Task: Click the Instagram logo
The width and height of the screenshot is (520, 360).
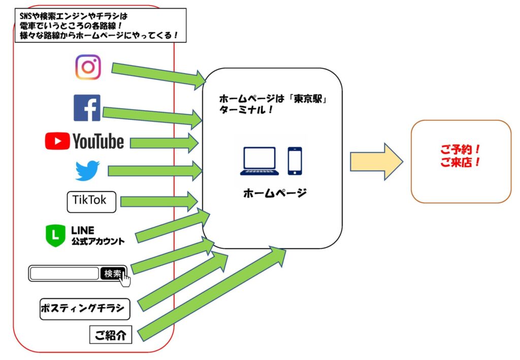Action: [88, 68]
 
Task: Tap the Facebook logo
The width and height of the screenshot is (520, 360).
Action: [87, 108]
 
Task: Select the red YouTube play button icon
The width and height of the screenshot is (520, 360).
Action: [57, 141]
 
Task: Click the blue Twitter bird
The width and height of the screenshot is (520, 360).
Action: [87, 171]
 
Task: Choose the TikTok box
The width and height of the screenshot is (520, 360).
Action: [91, 202]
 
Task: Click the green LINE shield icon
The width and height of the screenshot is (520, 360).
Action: [55, 236]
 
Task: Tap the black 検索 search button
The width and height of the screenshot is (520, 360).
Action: [113, 274]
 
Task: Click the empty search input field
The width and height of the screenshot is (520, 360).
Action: [64, 274]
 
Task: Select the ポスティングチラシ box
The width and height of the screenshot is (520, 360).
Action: [85, 309]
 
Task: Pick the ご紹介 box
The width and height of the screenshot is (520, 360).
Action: [111, 335]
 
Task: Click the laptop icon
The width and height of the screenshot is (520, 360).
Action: [259, 161]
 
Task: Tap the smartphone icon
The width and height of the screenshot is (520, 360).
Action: [295, 161]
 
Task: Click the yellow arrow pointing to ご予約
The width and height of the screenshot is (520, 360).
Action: [377, 162]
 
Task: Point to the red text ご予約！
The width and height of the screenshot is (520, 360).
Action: [460, 149]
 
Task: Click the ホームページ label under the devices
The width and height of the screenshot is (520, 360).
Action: [275, 193]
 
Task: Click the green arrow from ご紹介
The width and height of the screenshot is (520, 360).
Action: [212, 293]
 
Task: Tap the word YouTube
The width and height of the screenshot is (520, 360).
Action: [98, 141]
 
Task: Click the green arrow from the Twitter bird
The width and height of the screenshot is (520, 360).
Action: [155, 171]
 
